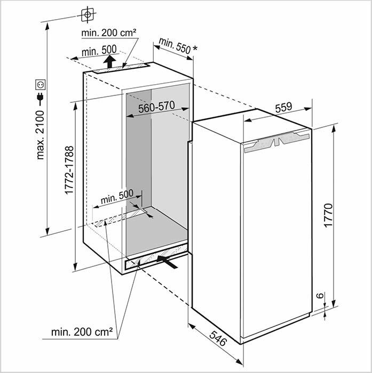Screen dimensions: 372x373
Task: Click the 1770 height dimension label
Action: (x=328, y=215)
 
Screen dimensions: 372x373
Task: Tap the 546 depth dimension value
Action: (x=218, y=338)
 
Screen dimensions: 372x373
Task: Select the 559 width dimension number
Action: (x=283, y=108)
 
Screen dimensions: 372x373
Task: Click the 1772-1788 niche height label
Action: (x=69, y=171)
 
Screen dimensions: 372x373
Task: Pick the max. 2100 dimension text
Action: (x=40, y=135)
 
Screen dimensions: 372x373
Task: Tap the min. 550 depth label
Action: (x=175, y=46)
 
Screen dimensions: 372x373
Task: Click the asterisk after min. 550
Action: (x=195, y=49)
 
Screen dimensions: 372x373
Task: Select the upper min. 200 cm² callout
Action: (x=109, y=33)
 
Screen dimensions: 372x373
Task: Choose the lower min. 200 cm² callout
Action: (x=82, y=332)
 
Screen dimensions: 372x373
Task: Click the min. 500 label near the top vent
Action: (x=99, y=51)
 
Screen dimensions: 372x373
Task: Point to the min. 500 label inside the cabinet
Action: (x=117, y=197)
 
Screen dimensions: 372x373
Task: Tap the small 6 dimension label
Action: (x=321, y=295)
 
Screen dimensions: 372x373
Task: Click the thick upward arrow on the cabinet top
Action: (x=109, y=62)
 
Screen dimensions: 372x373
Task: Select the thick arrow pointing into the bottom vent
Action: (x=167, y=262)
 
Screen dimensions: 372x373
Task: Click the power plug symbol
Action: (x=41, y=99)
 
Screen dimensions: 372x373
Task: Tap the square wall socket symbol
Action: (x=41, y=84)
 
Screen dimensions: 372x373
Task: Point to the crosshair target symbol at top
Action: (x=88, y=15)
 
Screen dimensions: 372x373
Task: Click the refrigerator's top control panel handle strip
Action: (x=276, y=142)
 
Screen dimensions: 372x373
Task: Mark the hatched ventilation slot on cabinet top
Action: (x=121, y=68)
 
